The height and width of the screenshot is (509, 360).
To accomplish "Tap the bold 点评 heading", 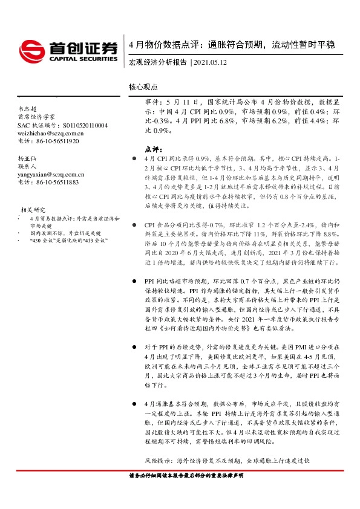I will point(154,148).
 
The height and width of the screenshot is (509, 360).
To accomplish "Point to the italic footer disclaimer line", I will point(191,476).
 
